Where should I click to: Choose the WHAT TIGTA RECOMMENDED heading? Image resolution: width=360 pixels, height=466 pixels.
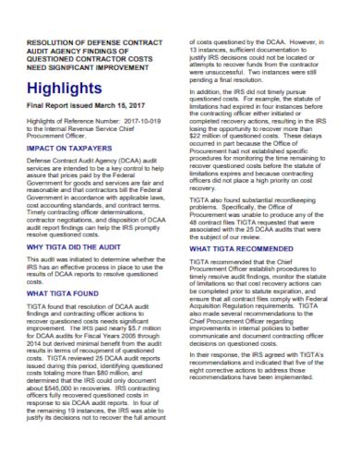coord(243,300)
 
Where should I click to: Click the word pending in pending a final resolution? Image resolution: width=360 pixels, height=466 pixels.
coord(207,94)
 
